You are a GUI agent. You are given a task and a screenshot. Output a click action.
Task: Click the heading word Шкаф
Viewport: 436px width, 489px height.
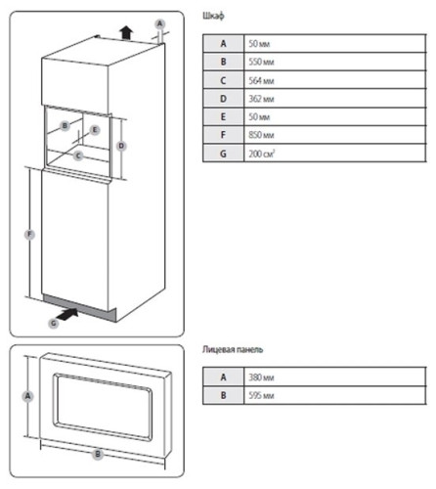[213, 16]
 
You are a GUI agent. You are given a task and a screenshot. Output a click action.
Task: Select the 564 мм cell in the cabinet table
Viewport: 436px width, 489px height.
[334, 80]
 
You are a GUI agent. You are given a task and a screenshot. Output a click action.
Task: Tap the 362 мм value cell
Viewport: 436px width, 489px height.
[334, 99]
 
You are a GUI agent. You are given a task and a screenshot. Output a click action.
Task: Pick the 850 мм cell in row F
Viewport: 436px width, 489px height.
[334, 135]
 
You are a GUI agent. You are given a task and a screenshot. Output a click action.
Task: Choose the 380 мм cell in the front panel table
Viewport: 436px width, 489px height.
[334, 378]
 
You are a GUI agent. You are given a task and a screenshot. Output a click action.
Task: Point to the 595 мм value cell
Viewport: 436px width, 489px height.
[334, 395]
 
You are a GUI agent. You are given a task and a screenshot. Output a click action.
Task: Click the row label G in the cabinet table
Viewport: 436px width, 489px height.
[223, 154]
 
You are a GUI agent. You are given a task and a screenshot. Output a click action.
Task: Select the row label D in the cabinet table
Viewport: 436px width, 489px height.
[223, 99]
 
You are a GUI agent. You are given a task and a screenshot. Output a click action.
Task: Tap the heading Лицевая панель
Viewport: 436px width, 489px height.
[233, 349]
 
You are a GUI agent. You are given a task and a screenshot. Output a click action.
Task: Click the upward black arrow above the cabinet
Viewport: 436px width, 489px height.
[126, 33]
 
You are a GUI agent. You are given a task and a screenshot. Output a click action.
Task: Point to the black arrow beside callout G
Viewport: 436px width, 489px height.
[67, 314]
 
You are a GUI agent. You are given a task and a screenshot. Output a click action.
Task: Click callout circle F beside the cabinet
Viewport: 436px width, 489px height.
[29, 234]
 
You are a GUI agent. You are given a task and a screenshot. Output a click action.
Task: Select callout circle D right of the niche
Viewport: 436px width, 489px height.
[121, 146]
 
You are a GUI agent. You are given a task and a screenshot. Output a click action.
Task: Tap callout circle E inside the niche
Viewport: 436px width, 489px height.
[95, 130]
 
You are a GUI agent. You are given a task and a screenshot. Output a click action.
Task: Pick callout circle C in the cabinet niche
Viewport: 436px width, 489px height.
[78, 156]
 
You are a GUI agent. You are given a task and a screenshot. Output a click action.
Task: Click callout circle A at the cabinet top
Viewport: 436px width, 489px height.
[159, 23]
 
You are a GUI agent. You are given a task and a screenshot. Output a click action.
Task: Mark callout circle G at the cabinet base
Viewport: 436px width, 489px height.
[53, 324]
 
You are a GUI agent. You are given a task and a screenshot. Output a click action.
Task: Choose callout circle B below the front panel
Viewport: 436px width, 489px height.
[98, 454]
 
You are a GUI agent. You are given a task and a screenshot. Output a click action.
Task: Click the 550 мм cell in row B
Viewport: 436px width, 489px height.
[334, 62]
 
